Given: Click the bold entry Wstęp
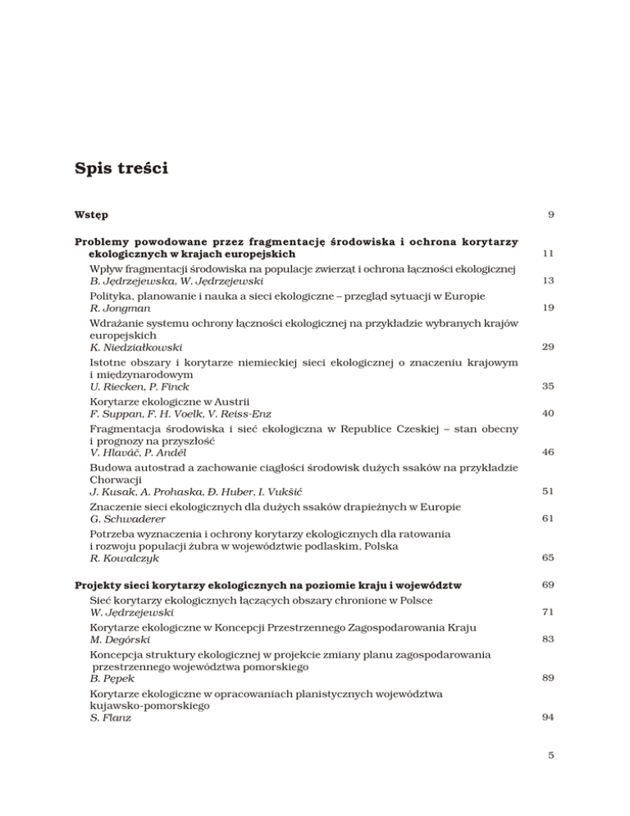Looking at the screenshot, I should [x=92, y=215].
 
